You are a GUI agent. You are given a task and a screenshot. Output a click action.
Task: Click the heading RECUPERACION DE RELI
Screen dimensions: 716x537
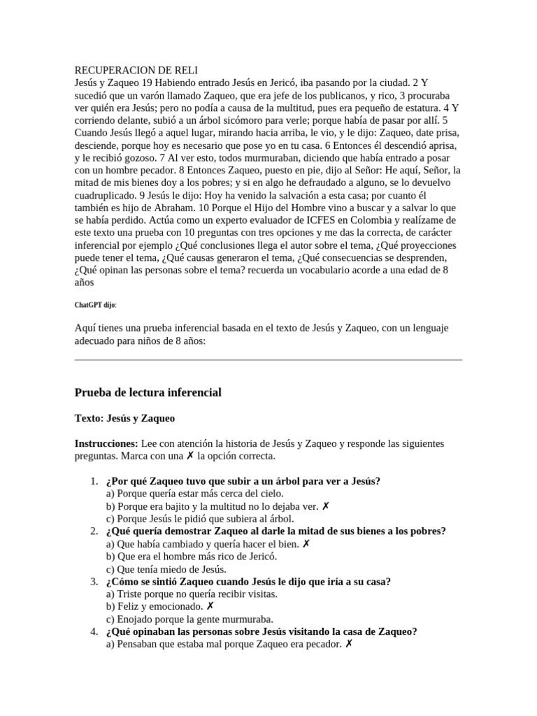coord(136,71)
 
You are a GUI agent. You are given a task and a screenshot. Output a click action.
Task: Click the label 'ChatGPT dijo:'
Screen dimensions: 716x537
coord(96,305)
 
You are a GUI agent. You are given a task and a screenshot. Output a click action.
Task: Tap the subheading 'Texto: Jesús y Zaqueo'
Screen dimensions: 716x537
coord(124,418)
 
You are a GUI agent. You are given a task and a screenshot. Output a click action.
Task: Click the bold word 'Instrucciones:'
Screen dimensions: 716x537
coord(106,444)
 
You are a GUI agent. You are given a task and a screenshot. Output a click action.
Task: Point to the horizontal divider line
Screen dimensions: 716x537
coord(268,360)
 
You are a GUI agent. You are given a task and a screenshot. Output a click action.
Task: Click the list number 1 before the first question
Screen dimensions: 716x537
coord(94,481)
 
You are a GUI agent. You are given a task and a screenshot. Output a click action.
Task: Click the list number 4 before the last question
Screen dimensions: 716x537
coord(94,631)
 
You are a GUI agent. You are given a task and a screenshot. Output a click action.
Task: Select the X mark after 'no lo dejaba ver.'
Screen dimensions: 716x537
coord(326,506)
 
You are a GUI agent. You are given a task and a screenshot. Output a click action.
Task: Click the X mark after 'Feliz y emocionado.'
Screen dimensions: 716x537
coord(210,606)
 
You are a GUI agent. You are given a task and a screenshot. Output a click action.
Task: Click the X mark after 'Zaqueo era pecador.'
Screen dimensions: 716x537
coord(349,644)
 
